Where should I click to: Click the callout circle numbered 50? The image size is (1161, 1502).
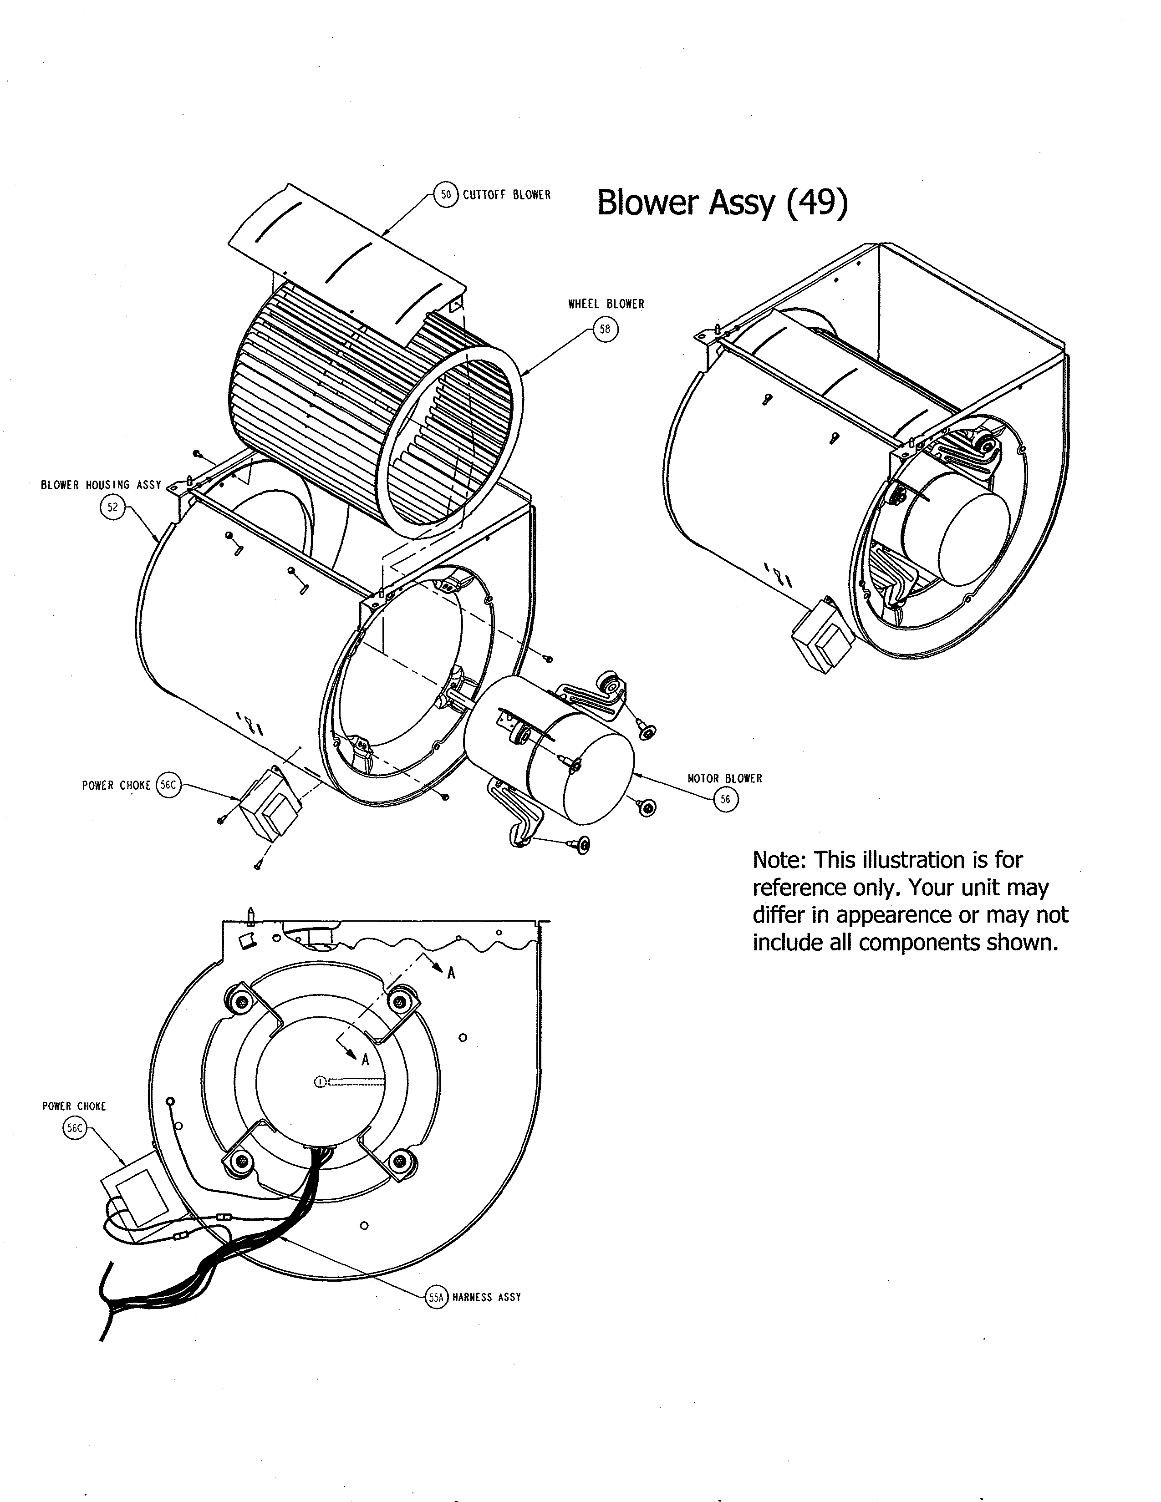tap(446, 195)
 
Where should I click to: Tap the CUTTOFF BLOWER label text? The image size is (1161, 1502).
tap(506, 195)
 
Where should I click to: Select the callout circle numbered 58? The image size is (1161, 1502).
tap(605, 329)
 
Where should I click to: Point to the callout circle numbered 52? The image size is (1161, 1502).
tap(112, 507)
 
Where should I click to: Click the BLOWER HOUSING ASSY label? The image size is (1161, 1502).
tap(101, 485)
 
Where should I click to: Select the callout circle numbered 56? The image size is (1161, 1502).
tap(725, 799)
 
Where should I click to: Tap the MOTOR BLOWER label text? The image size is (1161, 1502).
tap(725, 778)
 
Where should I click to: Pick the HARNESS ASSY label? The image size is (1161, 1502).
tap(486, 1297)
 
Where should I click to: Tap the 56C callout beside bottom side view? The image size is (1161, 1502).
tap(74, 1128)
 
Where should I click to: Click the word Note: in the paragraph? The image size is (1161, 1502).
tap(779, 860)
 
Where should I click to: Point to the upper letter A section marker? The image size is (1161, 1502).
tap(451, 973)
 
